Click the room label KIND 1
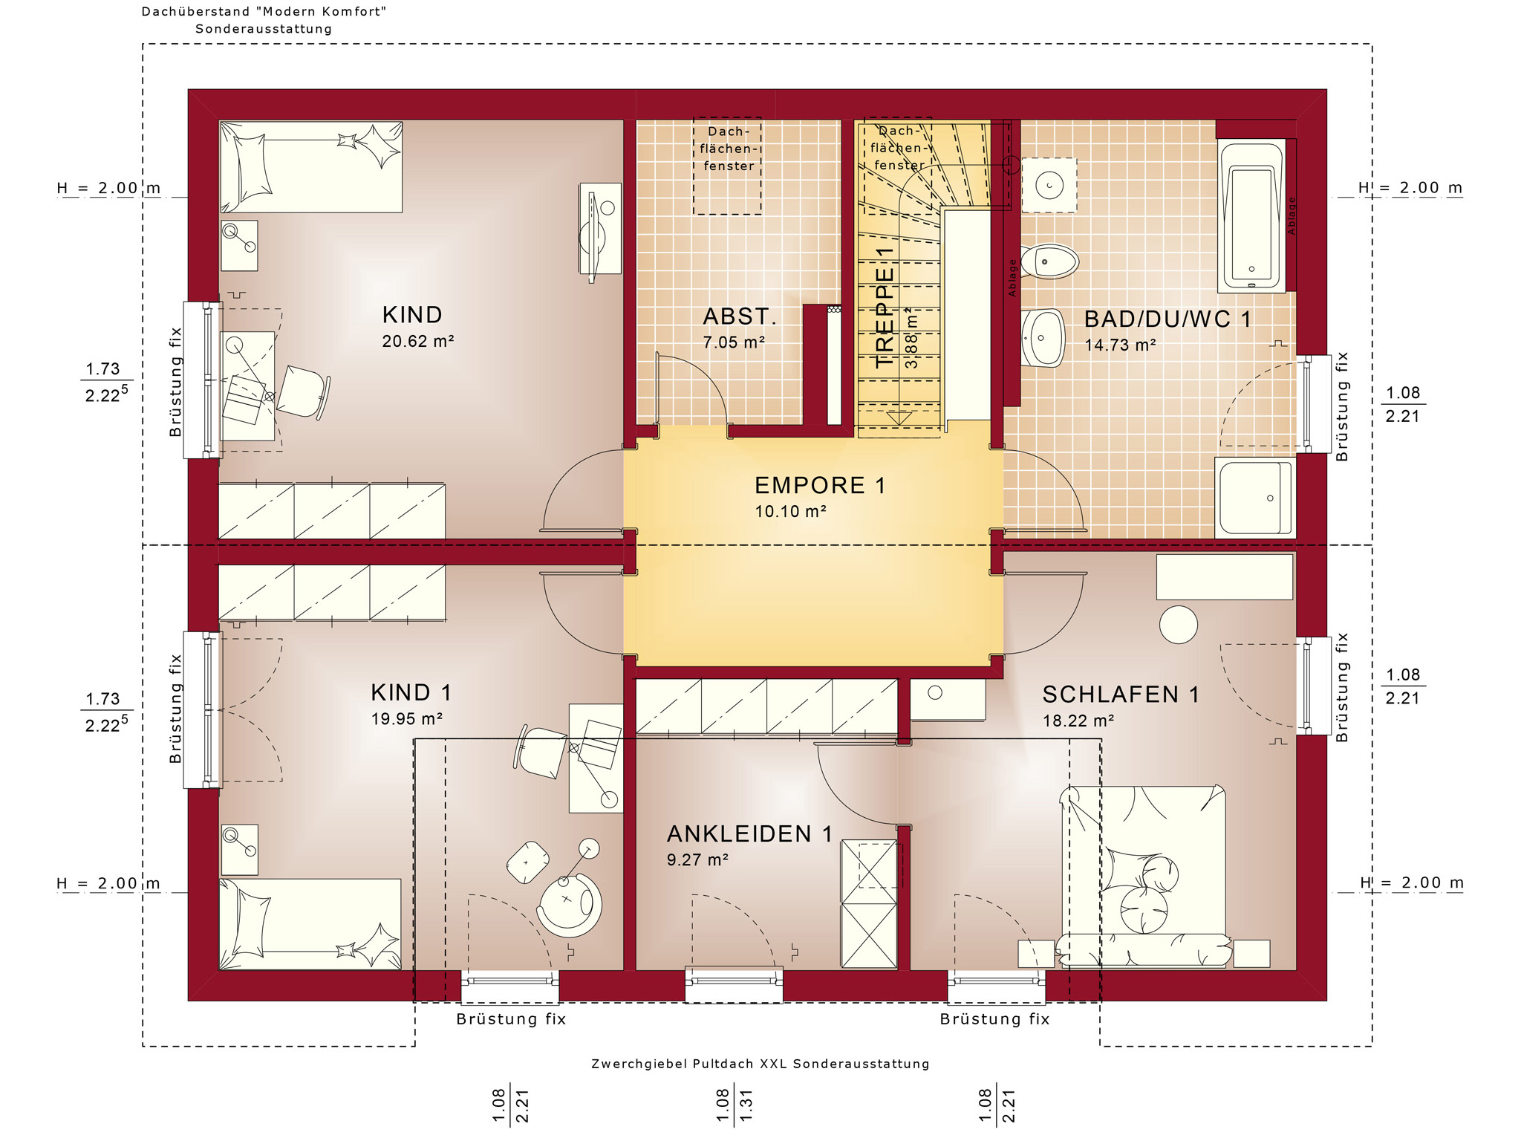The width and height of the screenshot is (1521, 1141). pyautogui.click(x=411, y=692)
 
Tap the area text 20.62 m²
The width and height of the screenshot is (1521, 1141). pyautogui.click(x=418, y=341)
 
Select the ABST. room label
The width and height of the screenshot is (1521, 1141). pyautogui.click(x=740, y=316)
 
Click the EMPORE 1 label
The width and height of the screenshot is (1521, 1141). pyautogui.click(x=820, y=485)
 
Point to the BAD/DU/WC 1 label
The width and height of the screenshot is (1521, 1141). pyautogui.click(x=1167, y=319)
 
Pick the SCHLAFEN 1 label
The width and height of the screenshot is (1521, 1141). pyautogui.click(x=1121, y=695)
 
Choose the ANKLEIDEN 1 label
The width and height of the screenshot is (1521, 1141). pyautogui.click(x=749, y=834)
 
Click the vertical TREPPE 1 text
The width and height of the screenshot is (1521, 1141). pyautogui.click(x=885, y=308)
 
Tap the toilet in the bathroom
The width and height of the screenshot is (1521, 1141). pyautogui.click(x=1049, y=261)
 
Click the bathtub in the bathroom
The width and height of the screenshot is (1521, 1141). pyautogui.click(x=1252, y=215)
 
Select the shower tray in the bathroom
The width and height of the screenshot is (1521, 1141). pyautogui.click(x=1254, y=497)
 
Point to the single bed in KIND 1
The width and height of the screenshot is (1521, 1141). pyautogui.click(x=310, y=924)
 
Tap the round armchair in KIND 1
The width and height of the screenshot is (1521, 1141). pyautogui.click(x=569, y=905)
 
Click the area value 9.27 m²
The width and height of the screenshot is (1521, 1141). pyautogui.click(x=697, y=860)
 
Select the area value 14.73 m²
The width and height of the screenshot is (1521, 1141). pyautogui.click(x=1120, y=345)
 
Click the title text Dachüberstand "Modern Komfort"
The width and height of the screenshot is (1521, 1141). pyautogui.click(x=264, y=12)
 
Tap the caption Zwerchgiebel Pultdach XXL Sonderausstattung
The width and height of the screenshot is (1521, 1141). pyautogui.click(x=760, y=1064)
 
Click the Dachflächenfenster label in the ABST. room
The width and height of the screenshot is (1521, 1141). pyautogui.click(x=729, y=149)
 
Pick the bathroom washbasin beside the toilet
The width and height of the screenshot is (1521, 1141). pyautogui.click(x=1043, y=338)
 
